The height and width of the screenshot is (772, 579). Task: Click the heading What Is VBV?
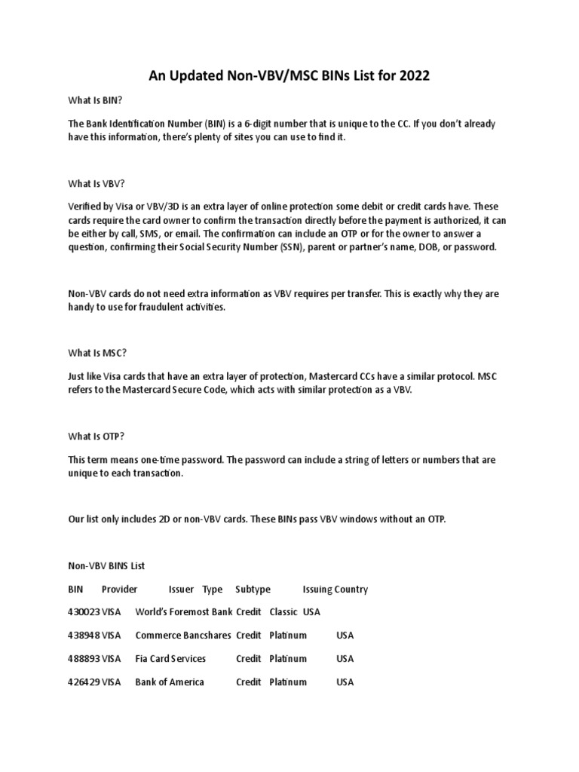(x=96, y=182)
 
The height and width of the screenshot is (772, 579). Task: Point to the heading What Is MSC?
(x=96, y=352)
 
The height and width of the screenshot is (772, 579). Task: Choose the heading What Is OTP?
(x=96, y=435)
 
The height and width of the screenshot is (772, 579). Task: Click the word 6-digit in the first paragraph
(x=303, y=124)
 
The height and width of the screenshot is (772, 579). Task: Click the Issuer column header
(x=181, y=590)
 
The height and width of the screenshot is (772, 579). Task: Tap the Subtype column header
(x=253, y=590)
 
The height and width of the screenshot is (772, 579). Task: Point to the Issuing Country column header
(x=335, y=590)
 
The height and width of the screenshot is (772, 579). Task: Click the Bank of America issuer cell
(x=170, y=682)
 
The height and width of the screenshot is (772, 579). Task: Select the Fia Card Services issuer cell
(x=170, y=659)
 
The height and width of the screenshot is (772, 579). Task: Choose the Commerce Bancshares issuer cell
(x=183, y=636)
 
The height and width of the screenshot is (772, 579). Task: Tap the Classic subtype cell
(x=283, y=612)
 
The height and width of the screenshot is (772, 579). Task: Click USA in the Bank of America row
(x=345, y=682)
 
